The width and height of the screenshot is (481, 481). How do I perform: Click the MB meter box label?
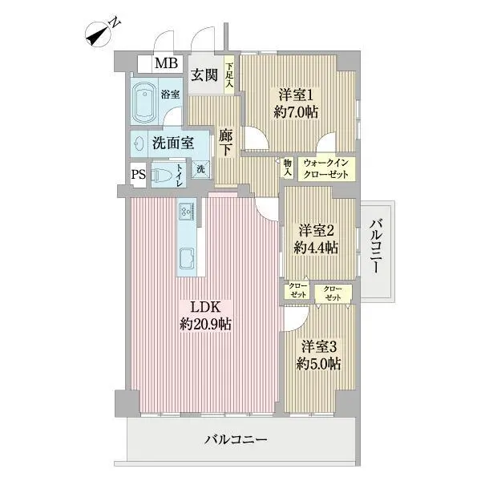(166, 63)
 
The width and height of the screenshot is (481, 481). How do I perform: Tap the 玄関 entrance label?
(204, 75)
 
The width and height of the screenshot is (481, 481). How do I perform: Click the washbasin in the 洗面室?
(139, 143)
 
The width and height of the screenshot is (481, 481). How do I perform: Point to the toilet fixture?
(162, 175)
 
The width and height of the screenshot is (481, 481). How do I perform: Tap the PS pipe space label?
(139, 175)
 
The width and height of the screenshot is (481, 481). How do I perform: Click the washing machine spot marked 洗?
(200, 169)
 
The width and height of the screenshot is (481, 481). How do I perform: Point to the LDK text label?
(205, 307)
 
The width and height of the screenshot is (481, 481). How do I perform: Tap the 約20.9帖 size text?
(205, 324)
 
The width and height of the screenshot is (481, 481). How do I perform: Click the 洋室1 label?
(296, 95)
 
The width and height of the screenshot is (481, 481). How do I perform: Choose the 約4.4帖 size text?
(317, 247)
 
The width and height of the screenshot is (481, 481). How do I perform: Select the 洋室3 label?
(319, 346)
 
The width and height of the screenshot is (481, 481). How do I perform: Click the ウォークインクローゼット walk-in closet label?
(326, 168)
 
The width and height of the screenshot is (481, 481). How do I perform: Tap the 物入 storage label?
(288, 168)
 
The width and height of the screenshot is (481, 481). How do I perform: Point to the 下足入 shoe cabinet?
(229, 75)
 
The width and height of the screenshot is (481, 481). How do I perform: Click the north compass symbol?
(99, 34)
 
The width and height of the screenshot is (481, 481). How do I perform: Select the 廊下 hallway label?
(226, 143)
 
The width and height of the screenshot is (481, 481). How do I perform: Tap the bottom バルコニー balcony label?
(236, 439)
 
